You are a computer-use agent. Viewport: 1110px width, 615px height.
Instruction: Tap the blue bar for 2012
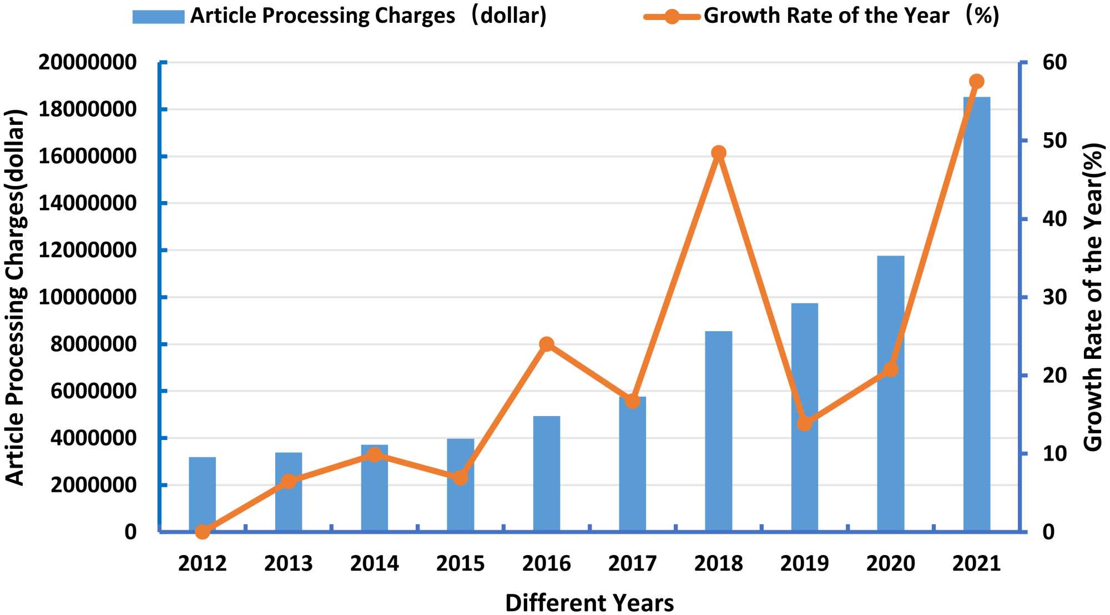pyautogui.click(x=203, y=494)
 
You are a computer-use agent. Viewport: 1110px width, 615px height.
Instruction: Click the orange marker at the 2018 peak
pyautogui.click(x=719, y=153)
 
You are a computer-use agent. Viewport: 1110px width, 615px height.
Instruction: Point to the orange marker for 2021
pyautogui.click(x=976, y=82)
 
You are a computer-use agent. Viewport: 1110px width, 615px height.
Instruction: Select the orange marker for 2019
pyautogui.click(x=805, y=423)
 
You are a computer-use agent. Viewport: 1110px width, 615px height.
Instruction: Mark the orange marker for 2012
pyautogui.click(x=203, y=532)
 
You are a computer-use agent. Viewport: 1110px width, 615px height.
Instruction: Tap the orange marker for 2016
pyautogui.click(x=547, y=344)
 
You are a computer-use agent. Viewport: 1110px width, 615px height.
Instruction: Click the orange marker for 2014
pyautogui.click(x=375, y=455)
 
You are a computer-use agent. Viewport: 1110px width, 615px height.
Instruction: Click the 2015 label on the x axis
pyautogui.click(x=460, y=563)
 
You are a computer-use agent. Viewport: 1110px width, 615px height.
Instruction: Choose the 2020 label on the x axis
pyautogui.click(x=890, y=563)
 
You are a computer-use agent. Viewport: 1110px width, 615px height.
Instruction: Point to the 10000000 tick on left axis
pyautogui.click(x=87, y=297)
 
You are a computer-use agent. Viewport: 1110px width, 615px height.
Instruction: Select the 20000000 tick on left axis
pyautogui.click(x=87, y=62)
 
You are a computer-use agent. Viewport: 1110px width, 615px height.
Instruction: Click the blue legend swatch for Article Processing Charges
pyautogui.click(x=158, y=17)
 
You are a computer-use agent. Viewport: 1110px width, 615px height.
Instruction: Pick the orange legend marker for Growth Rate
pyautogui.click(x=672, y=17)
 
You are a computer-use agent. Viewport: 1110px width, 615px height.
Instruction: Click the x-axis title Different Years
pyautogui.click(x=589, y=603)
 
